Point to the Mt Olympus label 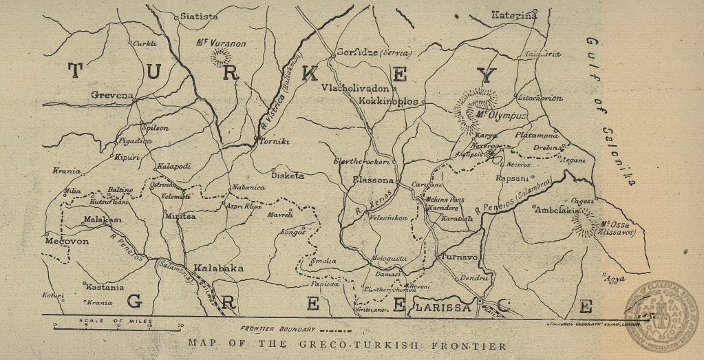click(500, 115)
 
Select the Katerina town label click(513, 14)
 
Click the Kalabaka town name click(218, 268)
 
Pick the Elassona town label click(372, 180)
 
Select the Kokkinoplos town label click(389, 100)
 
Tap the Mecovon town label click(67, 242)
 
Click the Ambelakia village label click(558, 209)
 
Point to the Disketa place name click(288, 175)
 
